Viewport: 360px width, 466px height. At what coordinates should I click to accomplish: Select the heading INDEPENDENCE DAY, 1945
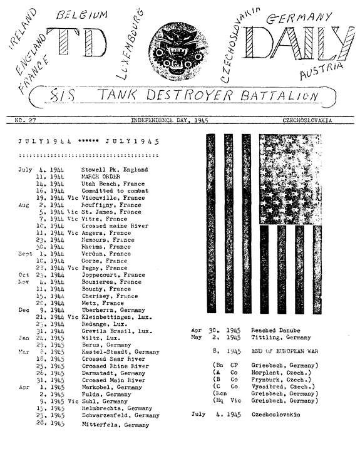coord(169,120)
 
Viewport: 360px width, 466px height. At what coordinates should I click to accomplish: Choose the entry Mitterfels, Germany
coord(115,425)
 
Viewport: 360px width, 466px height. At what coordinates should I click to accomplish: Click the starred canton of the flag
coord(290,180)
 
